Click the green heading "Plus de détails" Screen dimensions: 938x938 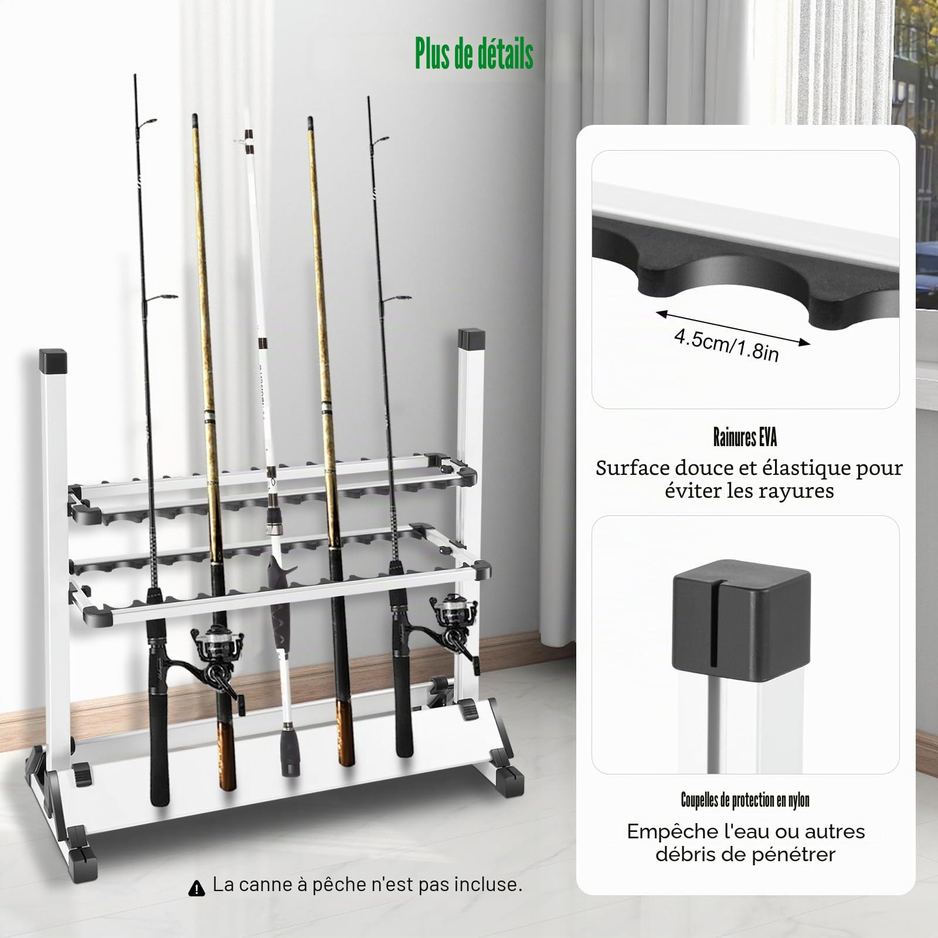click(474, 54)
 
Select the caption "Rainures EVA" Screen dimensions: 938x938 click(745, 437)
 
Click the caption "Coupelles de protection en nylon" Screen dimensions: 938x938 click(745, 800)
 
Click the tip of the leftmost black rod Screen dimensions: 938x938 click(135, 75)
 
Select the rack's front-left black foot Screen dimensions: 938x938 click(82, 859)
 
